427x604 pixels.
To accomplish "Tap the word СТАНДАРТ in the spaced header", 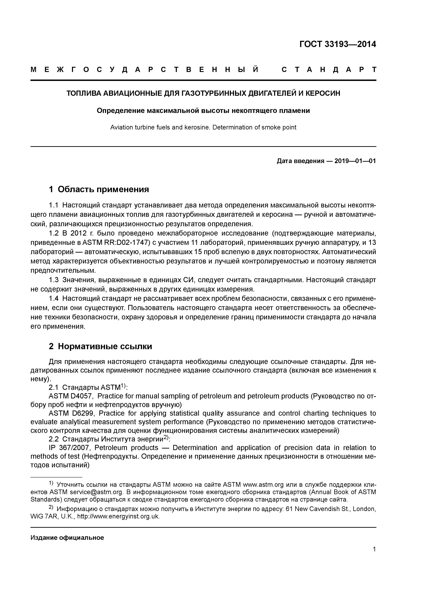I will [329, 70].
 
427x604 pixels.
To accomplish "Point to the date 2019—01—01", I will [355, 161].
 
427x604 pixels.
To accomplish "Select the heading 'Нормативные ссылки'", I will [105, 346].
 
